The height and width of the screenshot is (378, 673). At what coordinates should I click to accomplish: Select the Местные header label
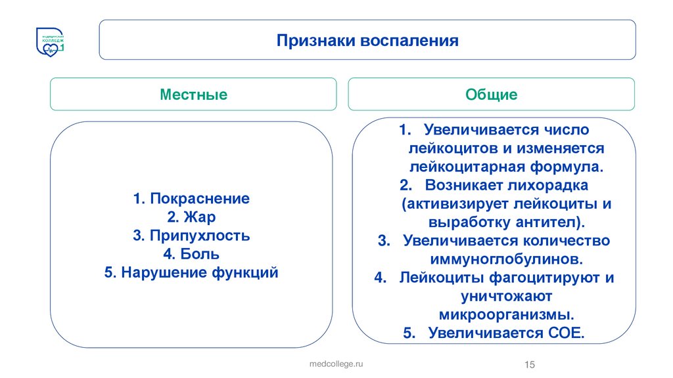(x=194, y=94)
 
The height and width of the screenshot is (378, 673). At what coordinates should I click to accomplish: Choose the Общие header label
(x=492, y=94)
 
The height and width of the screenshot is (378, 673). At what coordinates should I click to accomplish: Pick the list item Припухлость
(x=199, y=236)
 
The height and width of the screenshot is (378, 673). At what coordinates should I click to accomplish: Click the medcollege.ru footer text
(x=336, y=363)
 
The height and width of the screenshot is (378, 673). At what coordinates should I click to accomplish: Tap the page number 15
(x=530, y=365)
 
